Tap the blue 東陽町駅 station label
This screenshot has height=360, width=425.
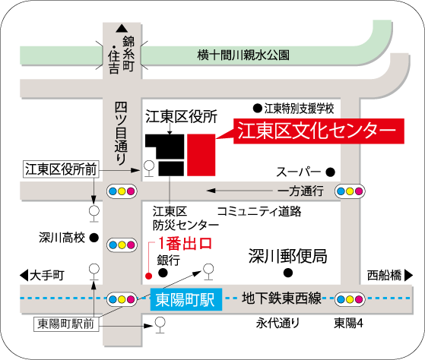click(185, 299)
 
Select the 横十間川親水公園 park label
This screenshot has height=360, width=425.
click(243, 55)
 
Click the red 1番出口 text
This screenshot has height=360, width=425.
click(184, 245)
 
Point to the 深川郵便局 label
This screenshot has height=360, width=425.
click(289, 256)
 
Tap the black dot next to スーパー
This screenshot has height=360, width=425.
click(331, 172)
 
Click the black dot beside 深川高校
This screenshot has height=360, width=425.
click(94, 238)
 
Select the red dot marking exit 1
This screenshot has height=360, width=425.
click(148, 275)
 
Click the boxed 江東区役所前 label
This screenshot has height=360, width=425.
click(62, 169)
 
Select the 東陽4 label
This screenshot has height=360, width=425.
click(350, 324)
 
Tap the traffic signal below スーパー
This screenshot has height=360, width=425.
click(350, 191)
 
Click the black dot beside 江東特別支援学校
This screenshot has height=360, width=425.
click(257, 108)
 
